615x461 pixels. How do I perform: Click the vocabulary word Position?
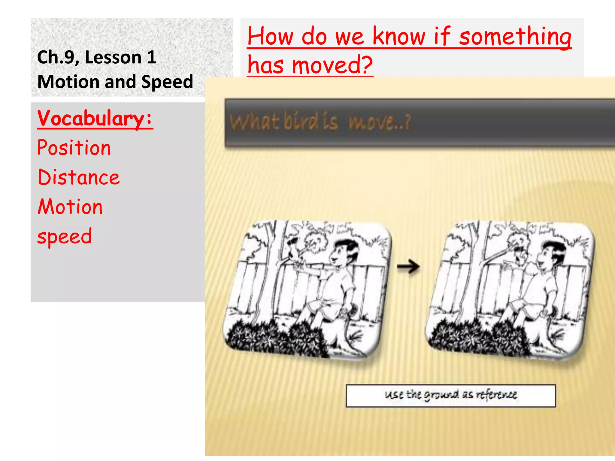[x=74, y=148]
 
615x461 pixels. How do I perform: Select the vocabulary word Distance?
[x=79, y=177]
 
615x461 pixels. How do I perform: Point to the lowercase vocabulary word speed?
[x=65, y=237]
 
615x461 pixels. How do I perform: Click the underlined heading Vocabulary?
[x=95, y=118]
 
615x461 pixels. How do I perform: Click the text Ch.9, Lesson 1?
[x=97, y=57]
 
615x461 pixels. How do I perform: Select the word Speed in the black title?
[x=167, y=82]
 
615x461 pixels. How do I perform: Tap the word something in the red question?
[x=515, y=37]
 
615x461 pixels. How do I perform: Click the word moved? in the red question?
[x=332, y=65]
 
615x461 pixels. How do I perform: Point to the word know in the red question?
[x=399, y=36]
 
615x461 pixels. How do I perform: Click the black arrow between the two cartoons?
[x=408, y=267]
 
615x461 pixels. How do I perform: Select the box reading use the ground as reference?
[x=450, y=396]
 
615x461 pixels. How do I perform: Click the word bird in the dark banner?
[x=300, y=122]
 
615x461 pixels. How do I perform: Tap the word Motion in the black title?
[x=68, y=82]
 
